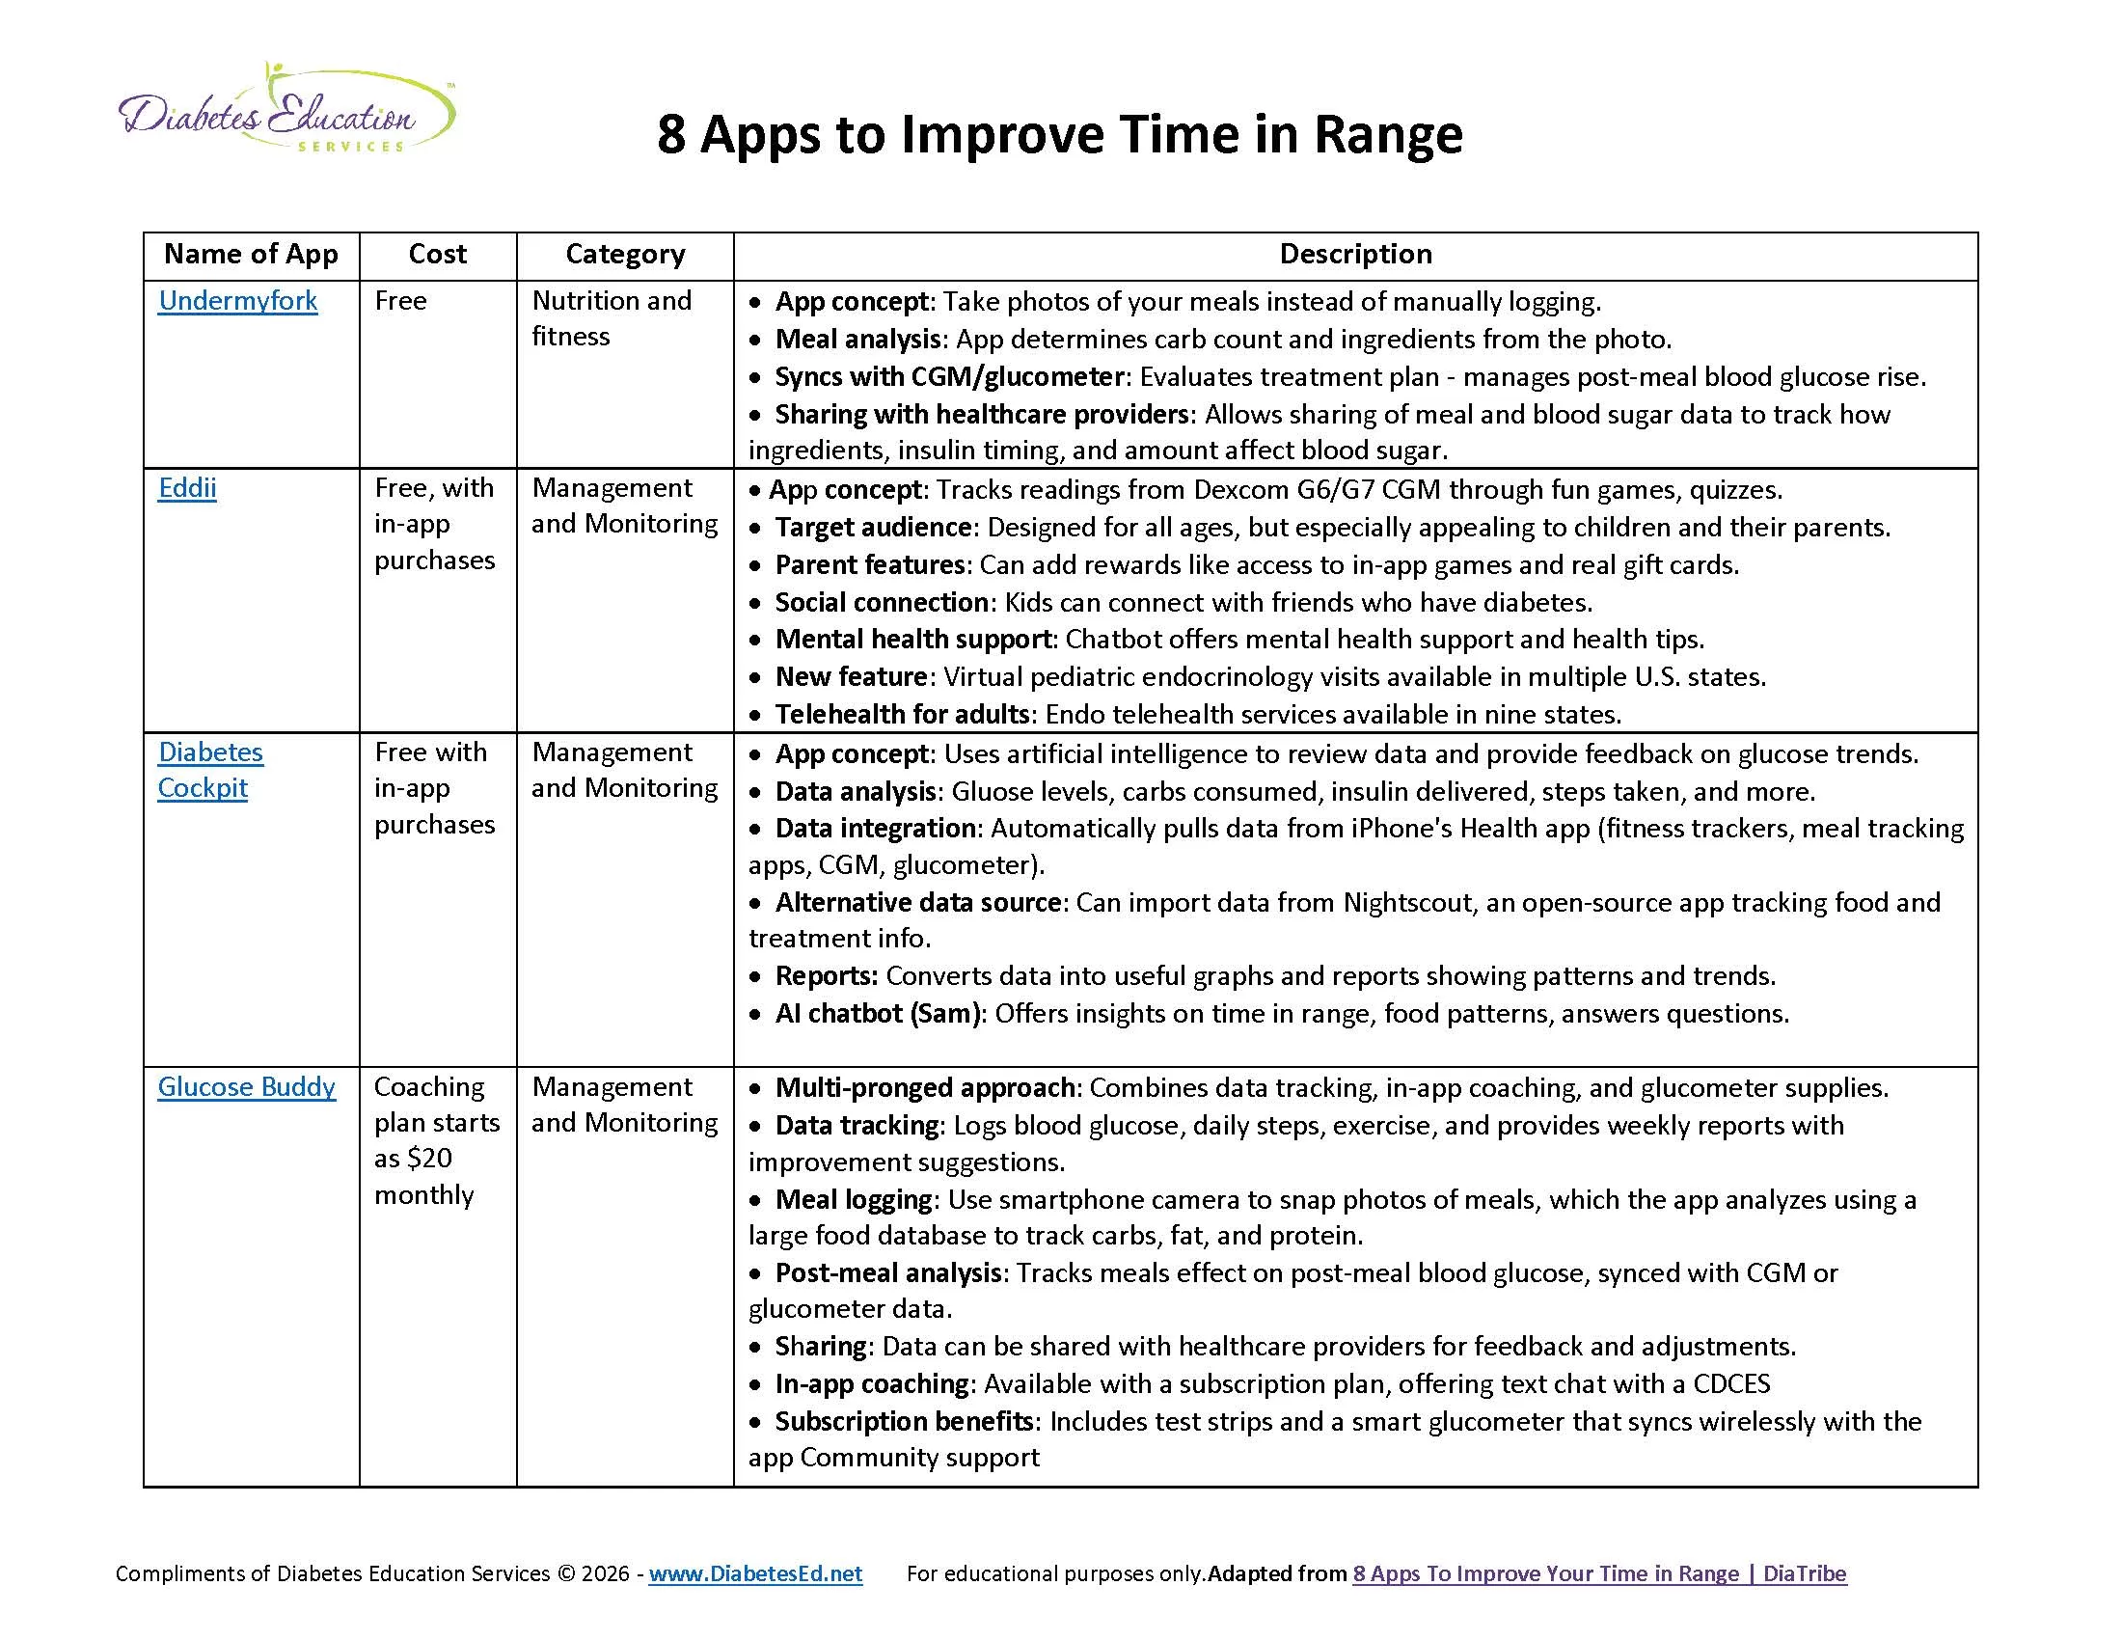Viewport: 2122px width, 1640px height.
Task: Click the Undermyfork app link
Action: pyautogui.click(x=237, y=301)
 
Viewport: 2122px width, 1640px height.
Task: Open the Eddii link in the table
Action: pyautogui.click(x=186, y=488)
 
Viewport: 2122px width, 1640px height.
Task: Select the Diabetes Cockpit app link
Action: pyautogui.click(x=210, y=770)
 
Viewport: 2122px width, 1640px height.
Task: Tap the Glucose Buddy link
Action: pyautogui.click(x=247, y=1086)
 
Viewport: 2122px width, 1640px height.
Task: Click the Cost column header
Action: pyautogui.click(x=437, y=255)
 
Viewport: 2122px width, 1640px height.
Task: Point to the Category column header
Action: pyautogui.click(x=625, y=255)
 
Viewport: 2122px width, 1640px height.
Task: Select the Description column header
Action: pyautogui.click(x=1355, y=255)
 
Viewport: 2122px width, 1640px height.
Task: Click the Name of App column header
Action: pyautogui.click(x=251, y=255)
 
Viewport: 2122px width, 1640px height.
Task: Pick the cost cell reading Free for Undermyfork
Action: pyautogui.click(x=400, y=301)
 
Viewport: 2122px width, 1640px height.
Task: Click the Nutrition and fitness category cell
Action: pyautogui.click(x=612, y=317)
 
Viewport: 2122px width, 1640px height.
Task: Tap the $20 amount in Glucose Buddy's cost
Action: pyautogui.click(x=431, y=1158)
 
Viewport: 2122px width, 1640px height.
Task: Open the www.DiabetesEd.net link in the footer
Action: pyautogui.click(x=755, y=1573)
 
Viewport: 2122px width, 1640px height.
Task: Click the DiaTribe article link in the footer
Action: pyautogui.click(x=1598, y=1573)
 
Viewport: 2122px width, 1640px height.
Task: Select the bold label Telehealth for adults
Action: pyautogui.click(x=902, y=714)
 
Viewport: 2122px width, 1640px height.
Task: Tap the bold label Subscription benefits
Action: pyautogui.click(x=903, y=1421)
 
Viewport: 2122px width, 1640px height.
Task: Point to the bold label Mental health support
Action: pyautogui.click(x=912, y=640)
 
